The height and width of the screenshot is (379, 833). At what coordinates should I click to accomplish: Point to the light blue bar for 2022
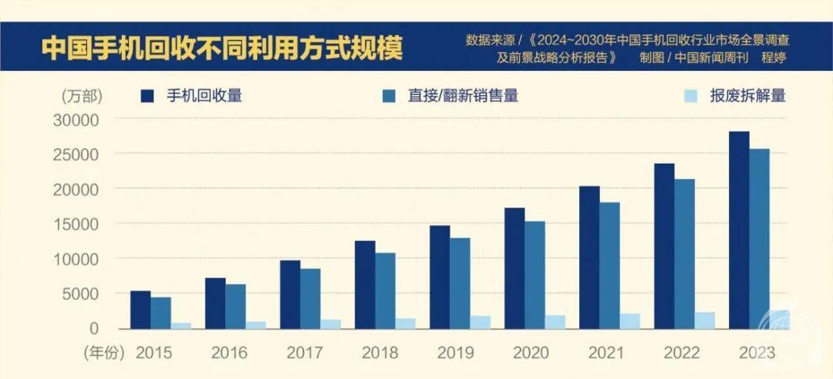704,320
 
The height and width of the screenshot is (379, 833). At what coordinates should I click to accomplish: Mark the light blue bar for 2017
330,323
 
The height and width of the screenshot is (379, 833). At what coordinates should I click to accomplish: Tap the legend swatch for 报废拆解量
691,96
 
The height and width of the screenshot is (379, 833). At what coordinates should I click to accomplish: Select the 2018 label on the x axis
379,353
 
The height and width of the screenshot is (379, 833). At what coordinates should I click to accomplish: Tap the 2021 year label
605,353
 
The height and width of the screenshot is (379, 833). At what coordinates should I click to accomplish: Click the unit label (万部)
81,96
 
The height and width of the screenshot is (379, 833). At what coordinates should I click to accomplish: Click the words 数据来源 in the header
491,39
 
